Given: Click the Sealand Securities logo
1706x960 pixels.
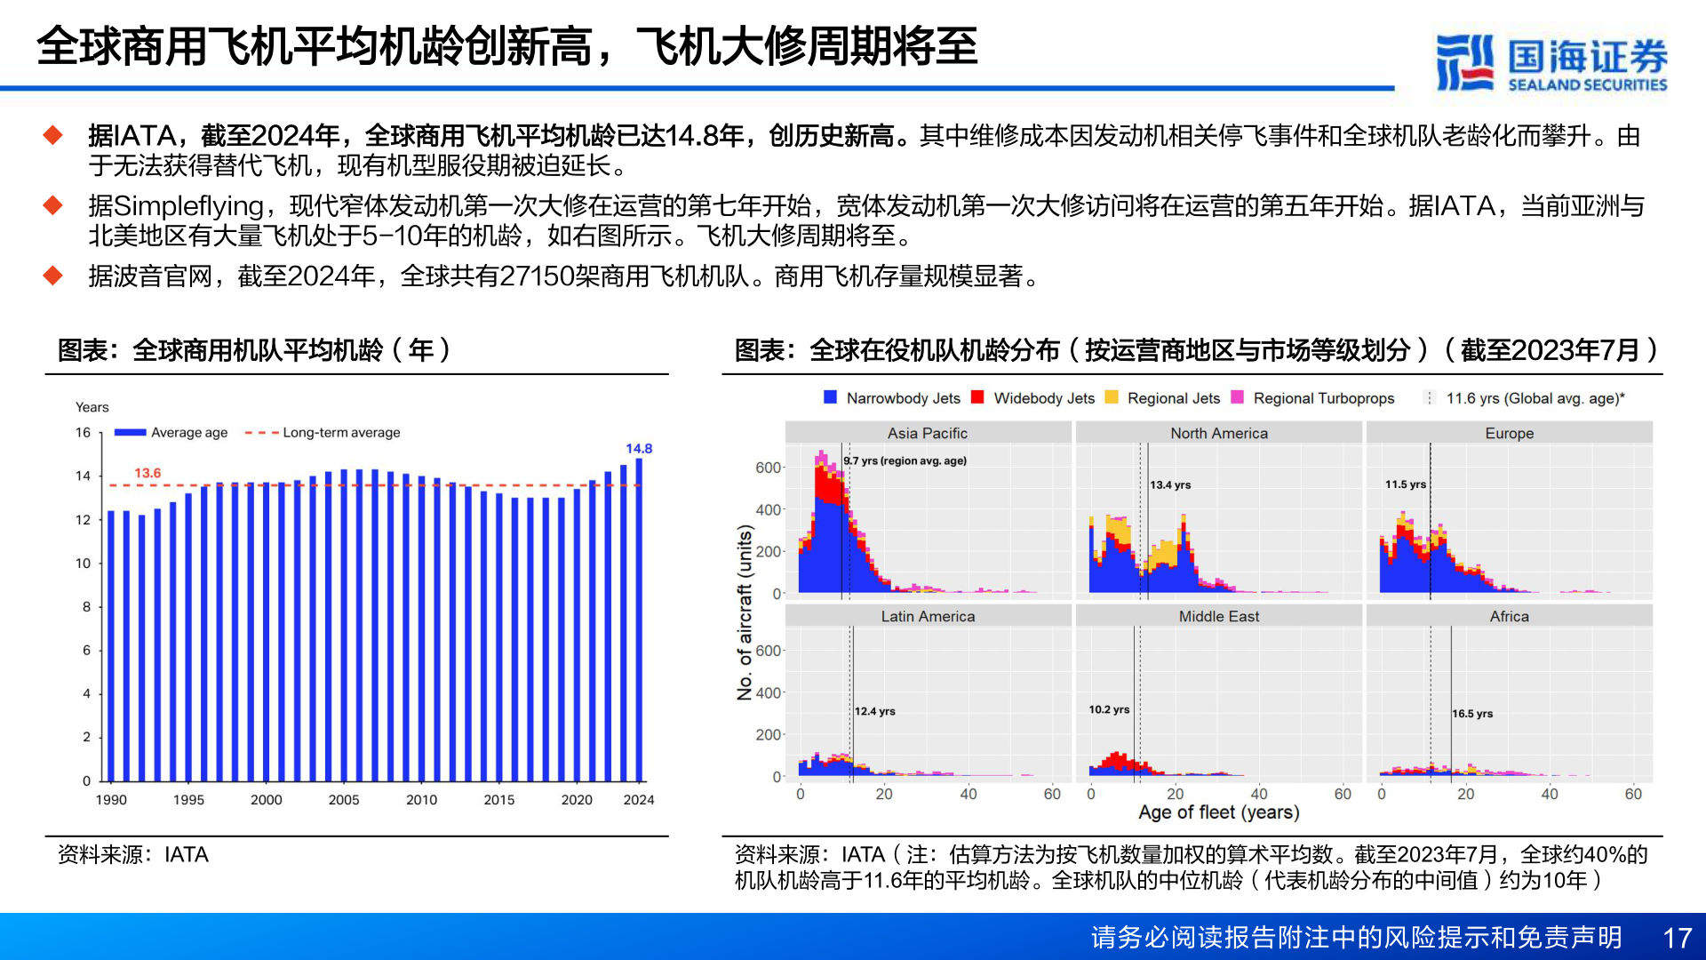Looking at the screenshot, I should click(1551, 62).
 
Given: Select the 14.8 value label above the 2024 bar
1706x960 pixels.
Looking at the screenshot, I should click(638, 449).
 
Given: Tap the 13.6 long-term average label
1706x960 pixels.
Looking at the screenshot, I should click(147, 473).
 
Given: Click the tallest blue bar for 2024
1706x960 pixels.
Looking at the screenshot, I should click(639, 622).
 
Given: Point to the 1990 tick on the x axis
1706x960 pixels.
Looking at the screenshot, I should click(111, 800).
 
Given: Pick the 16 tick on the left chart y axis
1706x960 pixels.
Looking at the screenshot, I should click(83, 433).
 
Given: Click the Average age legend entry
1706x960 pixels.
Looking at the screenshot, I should click(171, 433).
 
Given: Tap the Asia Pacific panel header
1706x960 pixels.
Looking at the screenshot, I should click(928, 433).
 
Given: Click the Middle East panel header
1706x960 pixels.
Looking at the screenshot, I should click(1218, 616).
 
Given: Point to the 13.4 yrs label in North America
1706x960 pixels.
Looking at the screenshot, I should click(1170, 484).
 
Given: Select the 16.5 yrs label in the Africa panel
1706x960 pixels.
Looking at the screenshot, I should click(1472, 714).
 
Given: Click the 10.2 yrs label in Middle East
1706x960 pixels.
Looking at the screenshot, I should click(1109, 709).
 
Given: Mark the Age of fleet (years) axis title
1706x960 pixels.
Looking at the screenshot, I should click(1218, 812).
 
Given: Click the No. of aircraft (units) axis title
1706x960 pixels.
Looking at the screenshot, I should click(745, 612).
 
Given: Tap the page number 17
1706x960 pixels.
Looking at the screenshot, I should click(1677, 938).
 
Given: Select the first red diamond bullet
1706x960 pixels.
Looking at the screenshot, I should click(53, 135).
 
